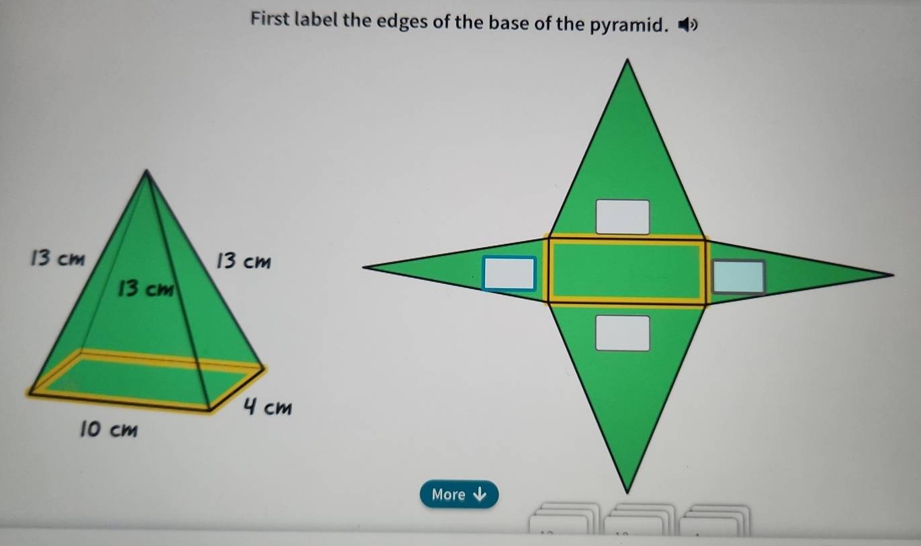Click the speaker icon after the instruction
(x=687, y=25)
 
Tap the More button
(x=459, y=494)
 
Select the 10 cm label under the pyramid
(x=109, y=429)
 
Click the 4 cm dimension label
(x=267, y=406)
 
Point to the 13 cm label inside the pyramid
(x=146, y=288)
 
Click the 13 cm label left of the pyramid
(x=58, y=258)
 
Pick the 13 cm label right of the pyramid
(x=244, y=261)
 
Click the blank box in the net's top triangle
(x=623, y=217)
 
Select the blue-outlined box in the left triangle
(x=509, y=273)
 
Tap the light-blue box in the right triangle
(x=738, y=277)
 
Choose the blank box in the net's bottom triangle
(x=623, y=333)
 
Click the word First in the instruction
(x=270, y=19)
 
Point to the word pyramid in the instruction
(x=627, y=25)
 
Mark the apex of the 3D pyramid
(x=146, y=170)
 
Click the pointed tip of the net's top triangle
(x=627, y=60)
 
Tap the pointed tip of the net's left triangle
(x=363, y=267)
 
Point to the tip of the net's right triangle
(x=893, y=274)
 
